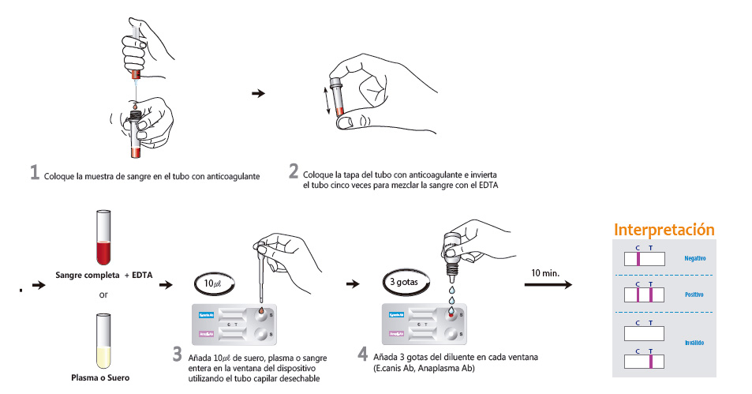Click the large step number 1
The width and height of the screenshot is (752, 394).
35,173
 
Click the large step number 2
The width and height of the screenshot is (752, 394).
294,171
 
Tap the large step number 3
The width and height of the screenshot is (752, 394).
178,355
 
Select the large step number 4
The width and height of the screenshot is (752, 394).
362,355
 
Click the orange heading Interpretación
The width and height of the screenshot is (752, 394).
664,230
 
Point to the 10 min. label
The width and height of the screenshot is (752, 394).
545,272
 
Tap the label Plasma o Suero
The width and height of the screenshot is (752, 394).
103,377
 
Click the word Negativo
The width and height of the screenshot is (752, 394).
694,258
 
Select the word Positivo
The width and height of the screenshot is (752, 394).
694,295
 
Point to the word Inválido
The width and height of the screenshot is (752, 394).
694,343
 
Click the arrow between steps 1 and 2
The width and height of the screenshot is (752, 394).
257,93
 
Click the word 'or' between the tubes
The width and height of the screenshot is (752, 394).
103,295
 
